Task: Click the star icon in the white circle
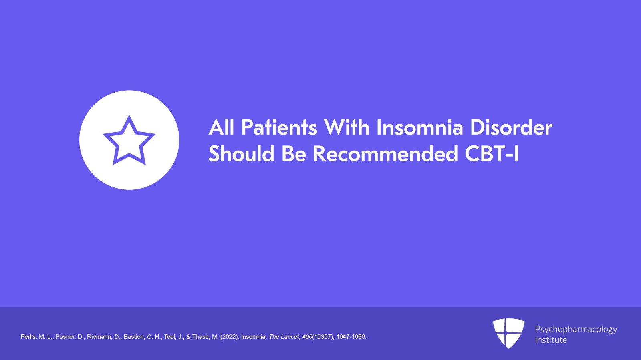[129, 140]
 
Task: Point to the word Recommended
[385, 153]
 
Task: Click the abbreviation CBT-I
[492, 153]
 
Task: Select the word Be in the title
[294, 153]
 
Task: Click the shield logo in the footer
[508, 333]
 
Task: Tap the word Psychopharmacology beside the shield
[576, 329]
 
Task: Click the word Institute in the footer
[551, 340]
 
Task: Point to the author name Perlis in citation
[28, 337]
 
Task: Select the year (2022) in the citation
[229, 337]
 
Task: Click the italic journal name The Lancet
[284, 337]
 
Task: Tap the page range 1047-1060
[351, 337]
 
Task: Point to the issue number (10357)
[323, 337]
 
